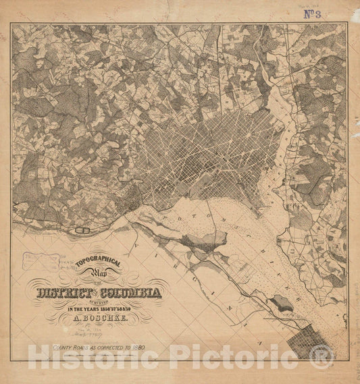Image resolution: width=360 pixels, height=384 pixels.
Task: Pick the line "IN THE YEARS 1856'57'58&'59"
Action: click(99, 308)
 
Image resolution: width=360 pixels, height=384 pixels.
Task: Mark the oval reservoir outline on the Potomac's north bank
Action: click(86, 231)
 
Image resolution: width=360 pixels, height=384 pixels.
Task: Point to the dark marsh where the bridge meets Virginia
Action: click(203, 239)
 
